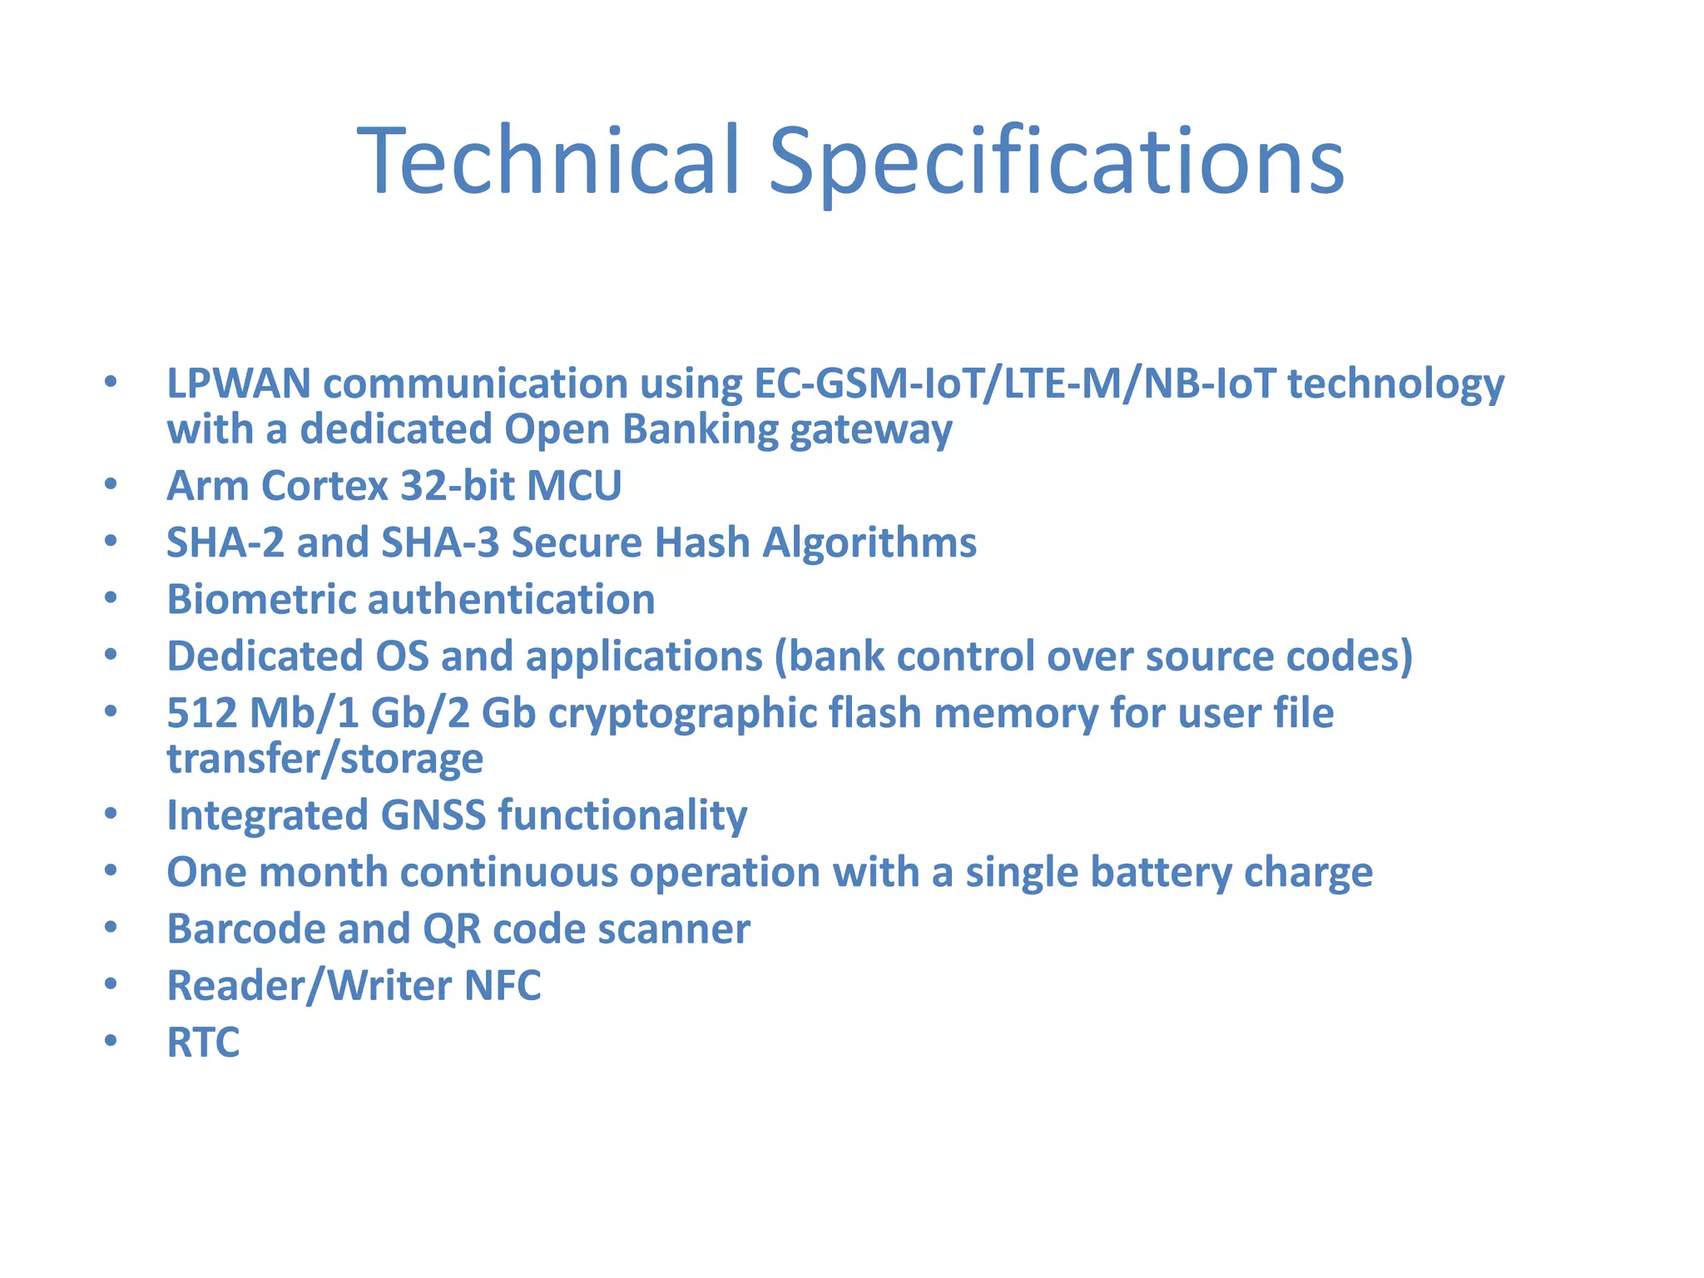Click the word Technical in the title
click(x=548, y=160)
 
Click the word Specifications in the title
click(x=1055, y=160)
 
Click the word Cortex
click(x=324, y=486)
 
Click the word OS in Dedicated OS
click(x=402, y=656)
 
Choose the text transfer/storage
click(x=324, y=759)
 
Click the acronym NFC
click(x=503, y=986)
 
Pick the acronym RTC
click(x=203, y=1043)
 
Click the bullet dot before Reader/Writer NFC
click(x=111, y=984)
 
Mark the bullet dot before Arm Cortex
click(x=111, y=484)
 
